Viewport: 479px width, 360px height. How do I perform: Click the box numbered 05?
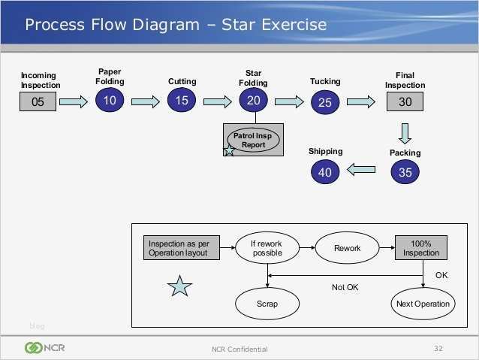click(x=38, y=102)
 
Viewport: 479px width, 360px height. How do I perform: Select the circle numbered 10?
click(x=110, y=101)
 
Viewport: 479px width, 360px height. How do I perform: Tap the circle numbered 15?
click(x=182, y=101)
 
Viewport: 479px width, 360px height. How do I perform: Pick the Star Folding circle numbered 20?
click(x=254, y=101)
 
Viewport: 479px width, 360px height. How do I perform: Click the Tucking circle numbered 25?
click(x=324, y=103)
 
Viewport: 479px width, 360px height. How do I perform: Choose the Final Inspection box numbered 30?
click(x=405, y=102)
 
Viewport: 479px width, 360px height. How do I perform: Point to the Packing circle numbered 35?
click(x=405, y=172)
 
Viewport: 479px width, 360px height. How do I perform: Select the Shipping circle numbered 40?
click(x=324, y=172)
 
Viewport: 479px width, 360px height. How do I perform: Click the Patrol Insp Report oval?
click(x=254, y=140)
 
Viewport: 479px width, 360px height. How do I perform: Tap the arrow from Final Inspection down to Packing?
click(x=405, y=132)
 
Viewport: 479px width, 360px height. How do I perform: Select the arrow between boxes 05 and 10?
click(x=74, y=101)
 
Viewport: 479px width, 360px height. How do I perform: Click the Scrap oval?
click(x=267, y=304)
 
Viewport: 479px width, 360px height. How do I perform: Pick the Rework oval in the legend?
click(x=348, y=248)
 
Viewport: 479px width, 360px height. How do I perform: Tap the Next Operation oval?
click(x=422, y=304)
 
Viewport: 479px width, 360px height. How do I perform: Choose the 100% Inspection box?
click(x=421, y=248)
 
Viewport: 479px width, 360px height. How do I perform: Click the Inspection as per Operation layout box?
click(x=184, y=248)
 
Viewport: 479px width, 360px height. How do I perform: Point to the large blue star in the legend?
click(x=180, y=286)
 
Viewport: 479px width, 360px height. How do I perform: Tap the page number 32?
click(x=438, y=348)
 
